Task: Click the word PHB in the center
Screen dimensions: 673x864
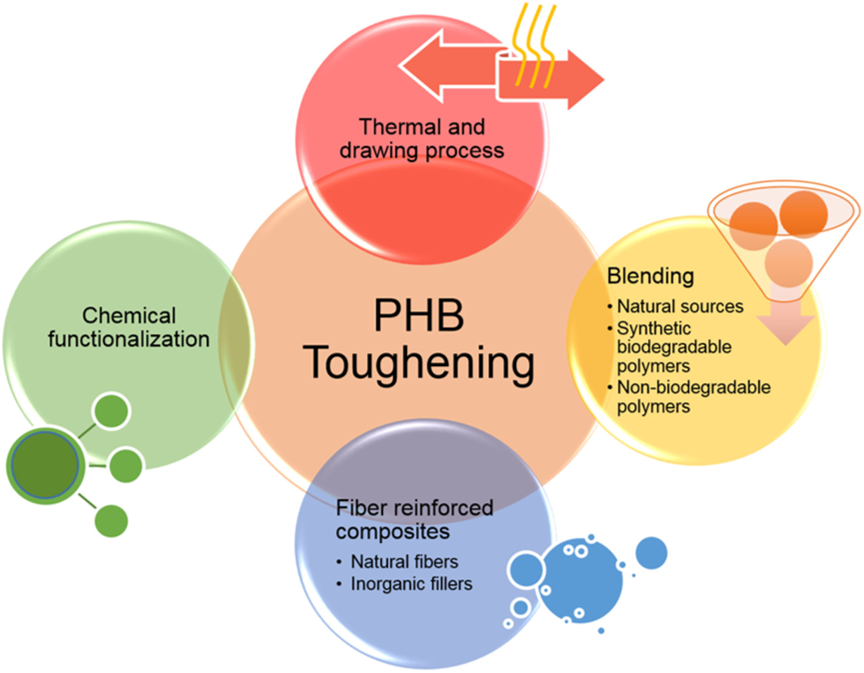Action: click(419, 315)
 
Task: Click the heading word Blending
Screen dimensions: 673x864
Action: click(650, 276)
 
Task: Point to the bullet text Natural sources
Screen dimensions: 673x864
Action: click(680, 306)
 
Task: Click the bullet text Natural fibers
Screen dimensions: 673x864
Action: click(404, 561)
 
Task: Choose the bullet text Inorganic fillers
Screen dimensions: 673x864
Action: click(411, 584)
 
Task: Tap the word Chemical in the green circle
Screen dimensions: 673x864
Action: click(129, 315)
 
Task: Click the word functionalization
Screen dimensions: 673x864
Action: click(129, 339)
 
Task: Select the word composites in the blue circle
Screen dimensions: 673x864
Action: click(393, 531)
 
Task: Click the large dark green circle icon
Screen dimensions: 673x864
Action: click(44, 464)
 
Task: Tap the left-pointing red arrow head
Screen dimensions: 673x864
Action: click(419, 66)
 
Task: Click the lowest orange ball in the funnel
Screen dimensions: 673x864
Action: click(788, 263)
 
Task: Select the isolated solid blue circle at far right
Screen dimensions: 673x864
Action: click(651, 553)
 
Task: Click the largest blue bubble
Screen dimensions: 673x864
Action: click(581, 581)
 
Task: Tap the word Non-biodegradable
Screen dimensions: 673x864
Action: click(693, 387)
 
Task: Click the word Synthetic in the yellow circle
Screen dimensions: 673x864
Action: click(654, 328)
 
